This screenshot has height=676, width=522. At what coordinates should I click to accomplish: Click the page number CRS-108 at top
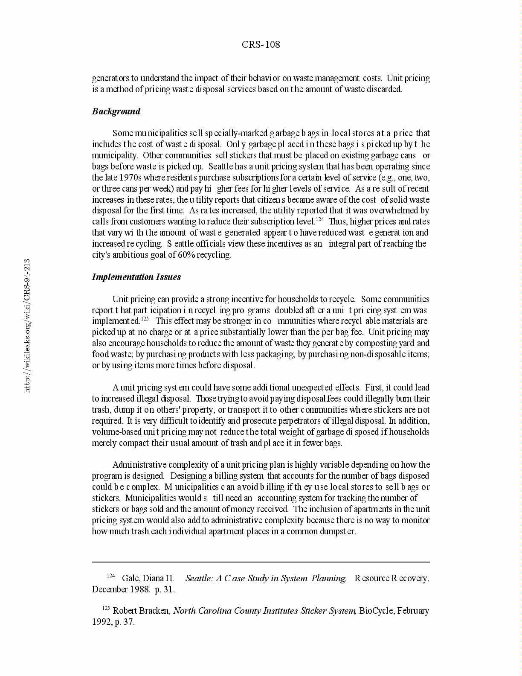click(x=261, y=44)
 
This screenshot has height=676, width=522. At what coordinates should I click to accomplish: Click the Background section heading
click(x=116, y=111)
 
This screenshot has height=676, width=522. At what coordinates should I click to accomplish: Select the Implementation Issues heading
click(x=136, y=277)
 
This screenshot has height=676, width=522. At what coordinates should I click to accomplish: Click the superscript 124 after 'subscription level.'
click(x=320, y=219)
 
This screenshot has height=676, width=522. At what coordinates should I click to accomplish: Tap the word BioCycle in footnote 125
click(x=377, y=611)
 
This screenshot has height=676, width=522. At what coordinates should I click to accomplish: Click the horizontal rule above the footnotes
click(x=261, y=562)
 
